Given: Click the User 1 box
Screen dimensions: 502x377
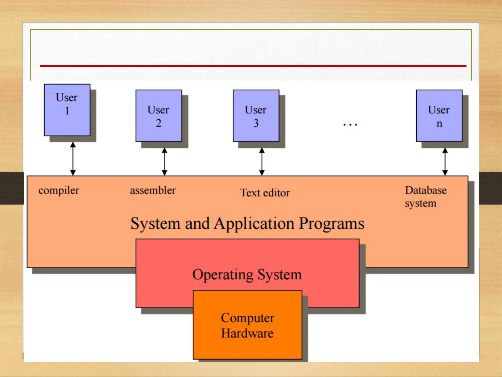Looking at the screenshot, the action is pos(67,110).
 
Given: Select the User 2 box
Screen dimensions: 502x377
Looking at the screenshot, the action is pos(159,115).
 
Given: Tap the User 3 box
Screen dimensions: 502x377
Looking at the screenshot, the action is pos(256,115).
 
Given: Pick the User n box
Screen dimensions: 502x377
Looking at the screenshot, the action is pos(439,115).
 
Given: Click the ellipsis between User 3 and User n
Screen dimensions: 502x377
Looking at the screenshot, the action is pos(350,125).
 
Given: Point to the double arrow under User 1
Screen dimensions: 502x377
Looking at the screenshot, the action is pos(73,159).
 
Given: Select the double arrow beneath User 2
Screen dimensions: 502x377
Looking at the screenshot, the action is pos(164,162).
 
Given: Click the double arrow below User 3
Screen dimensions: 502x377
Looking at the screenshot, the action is pos(262,162).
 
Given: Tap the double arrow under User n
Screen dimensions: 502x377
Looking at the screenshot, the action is pos(445,162).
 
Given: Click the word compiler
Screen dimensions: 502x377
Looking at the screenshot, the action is pos(59,190).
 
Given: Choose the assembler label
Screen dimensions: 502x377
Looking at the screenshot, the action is pos(153,190).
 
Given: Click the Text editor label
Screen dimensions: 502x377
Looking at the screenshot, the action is pos(265,193).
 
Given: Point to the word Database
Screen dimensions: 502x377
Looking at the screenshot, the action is pos(426,190).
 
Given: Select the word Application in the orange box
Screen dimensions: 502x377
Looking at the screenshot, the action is pos(254,224).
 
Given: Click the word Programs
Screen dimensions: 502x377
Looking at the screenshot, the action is pos(332,224).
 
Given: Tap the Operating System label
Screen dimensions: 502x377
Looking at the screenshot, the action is pos(247,275).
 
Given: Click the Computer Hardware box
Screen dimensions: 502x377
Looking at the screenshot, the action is pos(247,325).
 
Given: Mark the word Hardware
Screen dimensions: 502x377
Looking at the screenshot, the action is pos(247,333).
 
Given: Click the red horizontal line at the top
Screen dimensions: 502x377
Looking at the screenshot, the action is pos(253,66).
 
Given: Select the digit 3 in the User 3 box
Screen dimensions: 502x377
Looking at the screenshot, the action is pos(256,123).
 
